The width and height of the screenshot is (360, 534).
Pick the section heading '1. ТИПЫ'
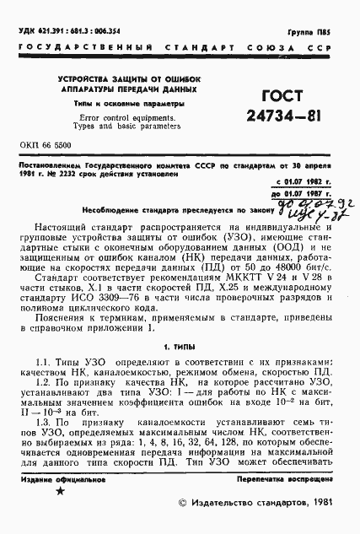179,345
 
